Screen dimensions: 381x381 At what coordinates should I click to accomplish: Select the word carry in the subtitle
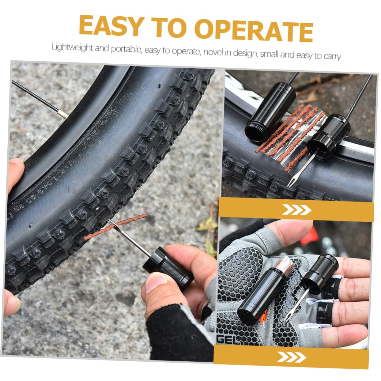(332, 56)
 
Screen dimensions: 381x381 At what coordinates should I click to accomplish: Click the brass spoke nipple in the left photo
(63, 115)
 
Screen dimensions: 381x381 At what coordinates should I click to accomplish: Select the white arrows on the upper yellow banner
(296, 210)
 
